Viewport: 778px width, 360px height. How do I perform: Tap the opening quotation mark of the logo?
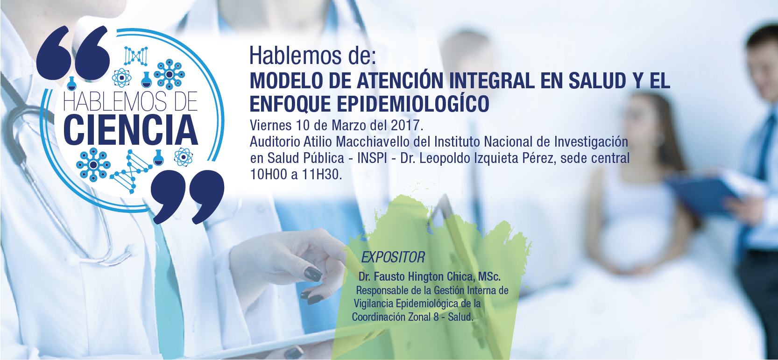click(73, 53)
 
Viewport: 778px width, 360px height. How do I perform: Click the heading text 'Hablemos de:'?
click(312, 56)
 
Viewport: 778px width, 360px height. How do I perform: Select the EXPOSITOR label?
click(393, 257)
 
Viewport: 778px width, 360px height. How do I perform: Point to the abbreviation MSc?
click(489, 277)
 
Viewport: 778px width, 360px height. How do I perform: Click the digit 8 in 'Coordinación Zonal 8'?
click(436, 317)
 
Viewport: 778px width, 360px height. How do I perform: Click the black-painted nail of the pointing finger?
click(313, 274)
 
